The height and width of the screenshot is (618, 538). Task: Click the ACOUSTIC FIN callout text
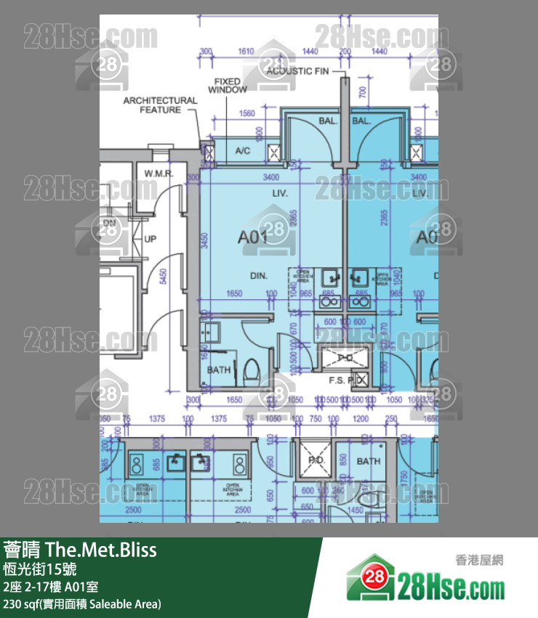pos(297,71)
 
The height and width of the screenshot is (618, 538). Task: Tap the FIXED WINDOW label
pos(228,85)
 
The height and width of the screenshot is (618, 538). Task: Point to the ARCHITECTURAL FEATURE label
pos(160,105)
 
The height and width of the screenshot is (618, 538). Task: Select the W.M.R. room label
pos(157,174)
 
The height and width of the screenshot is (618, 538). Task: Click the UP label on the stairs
pos(150,239)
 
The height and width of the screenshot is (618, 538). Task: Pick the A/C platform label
pos(242,151)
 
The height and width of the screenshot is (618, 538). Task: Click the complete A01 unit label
pos(254,236)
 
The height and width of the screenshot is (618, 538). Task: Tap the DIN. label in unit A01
pos(260,276)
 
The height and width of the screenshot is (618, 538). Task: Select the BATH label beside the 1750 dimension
pos(369,461)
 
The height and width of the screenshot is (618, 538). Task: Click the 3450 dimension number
pos(206,241)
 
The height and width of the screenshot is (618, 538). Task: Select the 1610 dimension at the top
pos(246,52)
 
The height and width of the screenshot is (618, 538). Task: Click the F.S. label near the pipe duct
pos(337,380)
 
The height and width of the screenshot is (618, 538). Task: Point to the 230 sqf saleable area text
pos(82,604)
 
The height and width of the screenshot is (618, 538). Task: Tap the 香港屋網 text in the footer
pos(479,560)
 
